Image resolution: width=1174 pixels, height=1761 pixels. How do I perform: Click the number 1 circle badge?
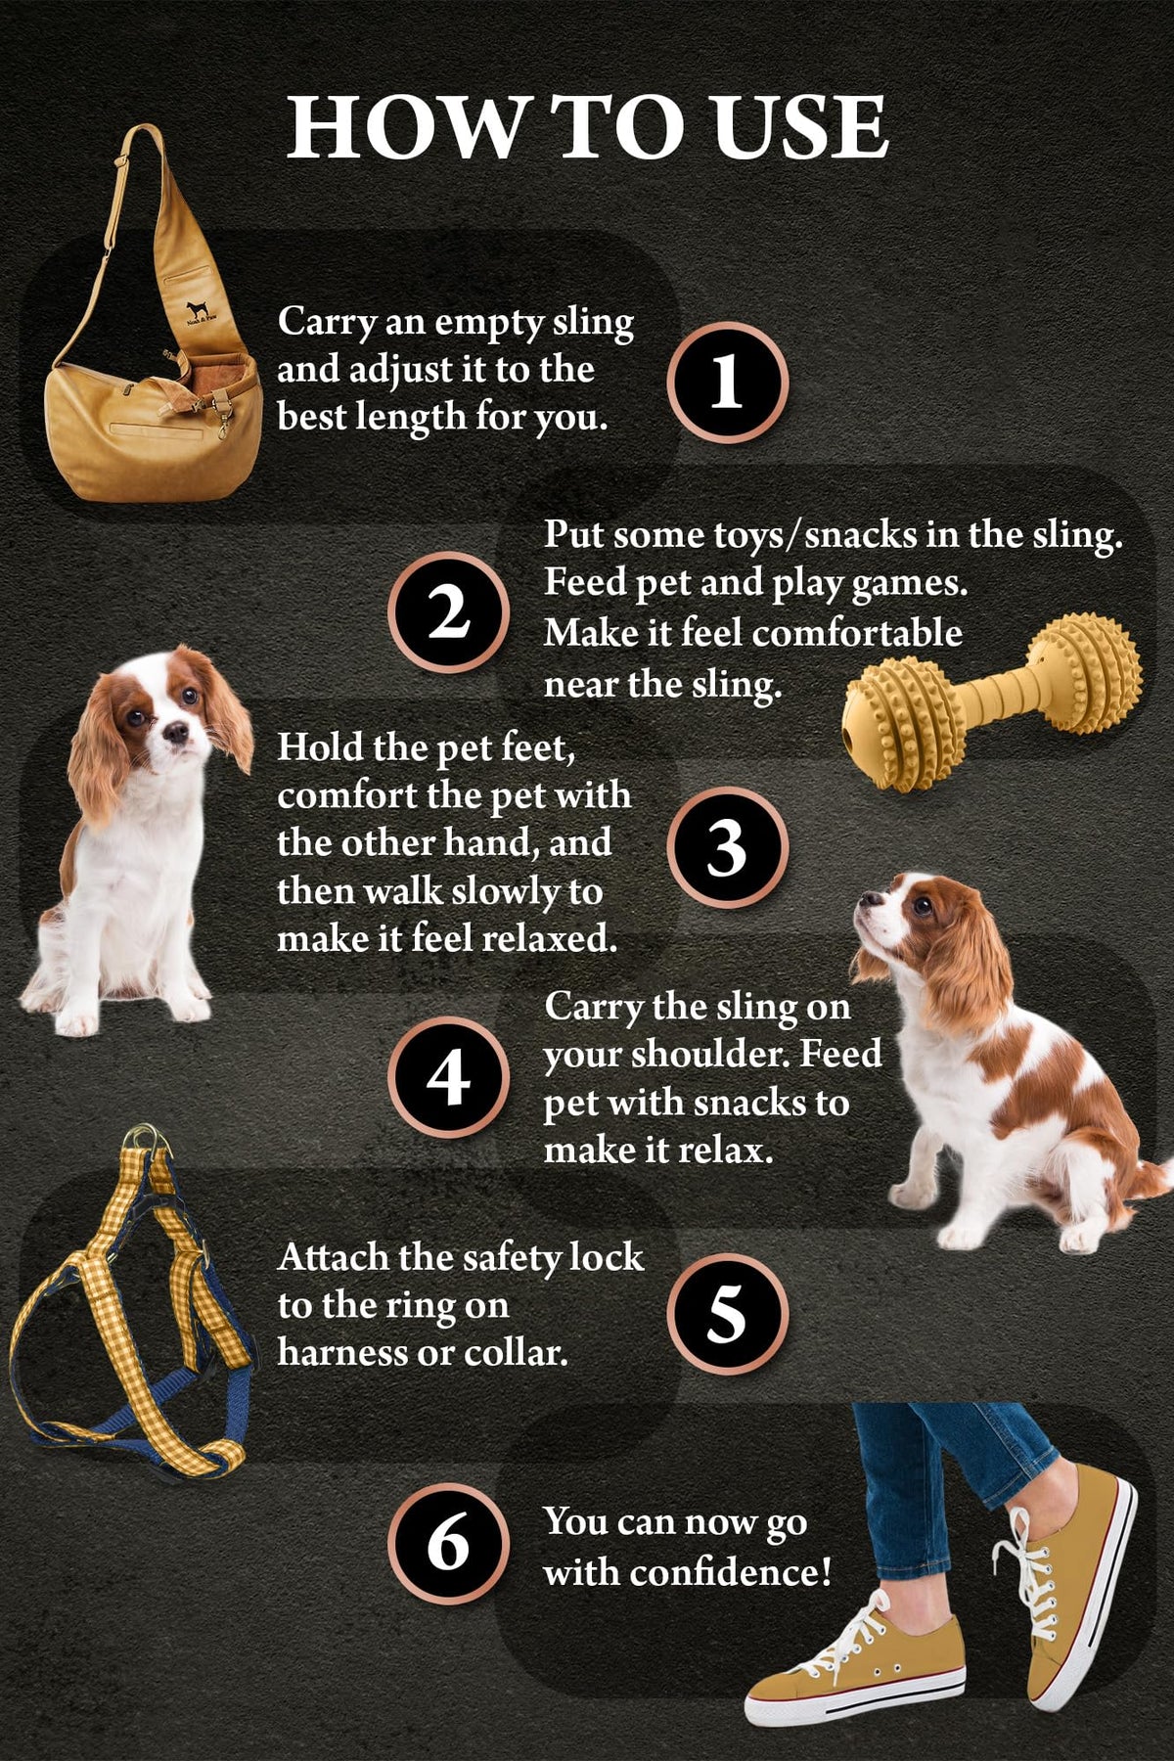[x=727, y=382]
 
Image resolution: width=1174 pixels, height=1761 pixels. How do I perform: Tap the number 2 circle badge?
[x=449, y=612]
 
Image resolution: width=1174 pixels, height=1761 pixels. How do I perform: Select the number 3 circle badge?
[x=727, y=847]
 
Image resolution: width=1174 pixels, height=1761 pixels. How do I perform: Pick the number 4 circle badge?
[x=449, y=1078]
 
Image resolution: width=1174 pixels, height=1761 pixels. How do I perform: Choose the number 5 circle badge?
[x=727, y=1314]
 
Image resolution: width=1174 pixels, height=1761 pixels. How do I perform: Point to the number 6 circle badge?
[x=449, y=1544]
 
